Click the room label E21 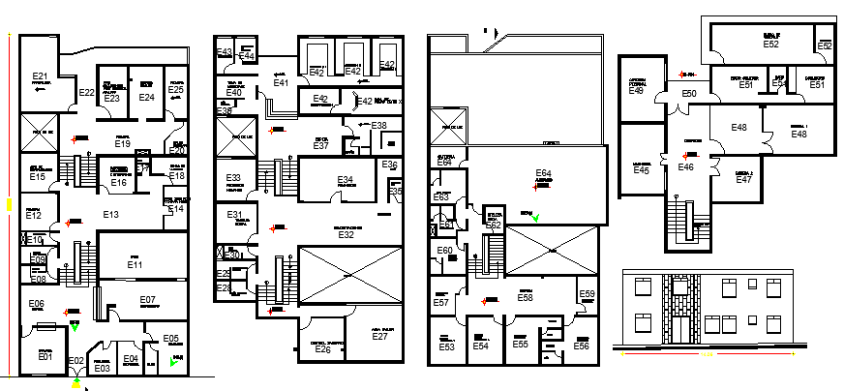tap(40, 75)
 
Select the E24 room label tap(147, 97)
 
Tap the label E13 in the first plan tap(110, 214)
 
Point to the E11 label tap(135, 264)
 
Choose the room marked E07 tap(148, 300)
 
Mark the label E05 tap(170, 339)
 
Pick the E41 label tap(281, 83)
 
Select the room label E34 tap(346, 180)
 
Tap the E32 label tap(346, 234)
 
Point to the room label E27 tap(379, 337)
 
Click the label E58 tap(526, 298)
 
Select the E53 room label tap(446, 346)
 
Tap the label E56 tap(581, 346)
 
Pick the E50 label tap(688, 93)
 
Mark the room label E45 tap(641, 170)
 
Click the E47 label tap(743, 179)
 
